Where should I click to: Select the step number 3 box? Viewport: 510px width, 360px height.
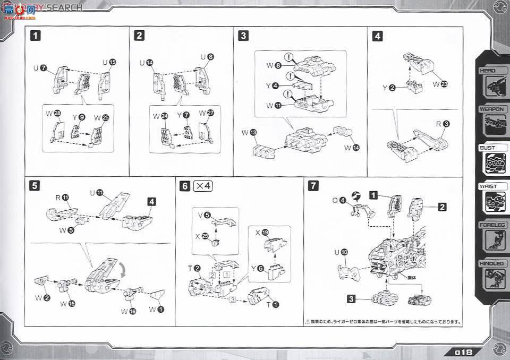point(243,36)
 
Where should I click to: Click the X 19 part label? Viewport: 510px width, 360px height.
point(265,232)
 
